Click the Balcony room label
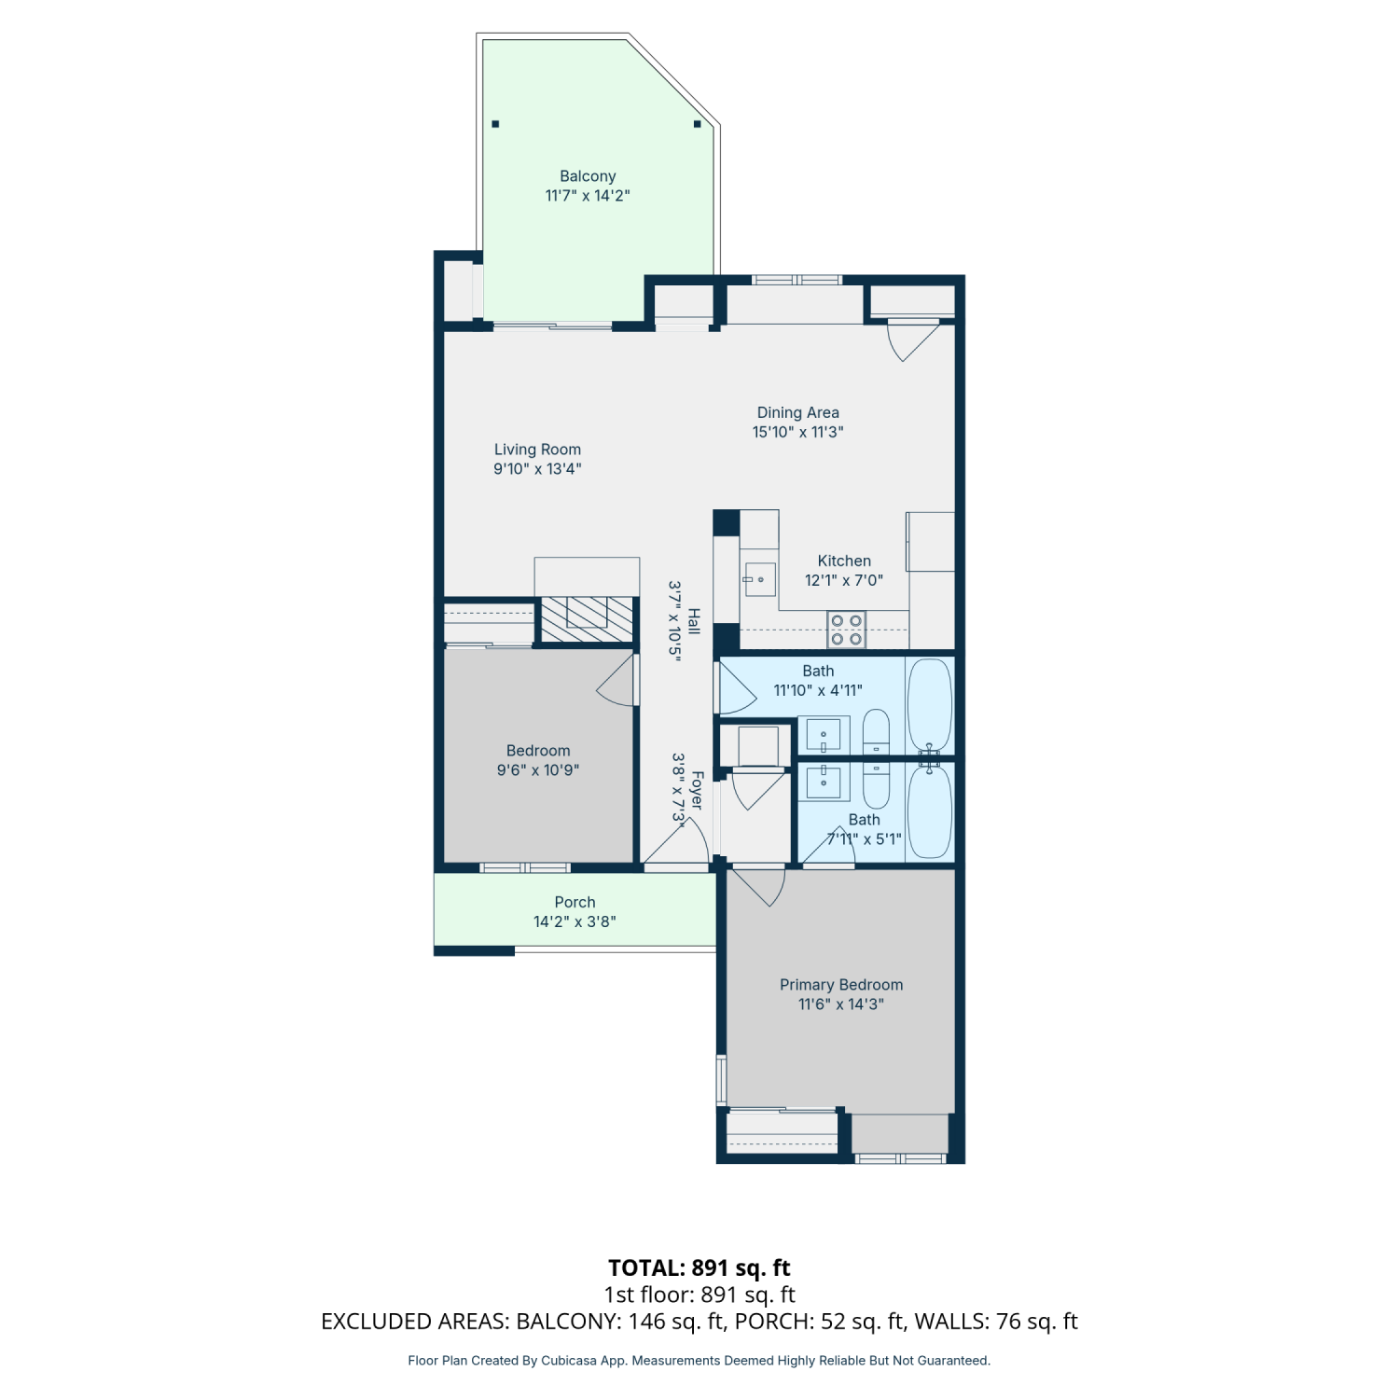coord(588,176)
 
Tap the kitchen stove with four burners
coord(846,630)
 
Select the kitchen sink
coord(760,579)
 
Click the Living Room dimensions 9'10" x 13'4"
coord(537,469)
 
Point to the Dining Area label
coord(798,412)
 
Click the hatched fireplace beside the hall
coord(586,619)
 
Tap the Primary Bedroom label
coord(841,985)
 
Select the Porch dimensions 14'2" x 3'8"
coord(575,921)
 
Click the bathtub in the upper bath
coord(930,705)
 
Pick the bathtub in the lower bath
coord(930,811)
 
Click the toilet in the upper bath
coord(877,732)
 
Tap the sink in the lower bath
coord(824,782)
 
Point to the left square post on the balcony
coord(495,123)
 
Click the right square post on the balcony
coord(697,123)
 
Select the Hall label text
coord(694,621)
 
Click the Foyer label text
coord(697,790)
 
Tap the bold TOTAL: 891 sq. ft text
coord(699,1268)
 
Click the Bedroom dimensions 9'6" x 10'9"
coord(538,770)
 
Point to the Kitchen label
coord(844,561)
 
